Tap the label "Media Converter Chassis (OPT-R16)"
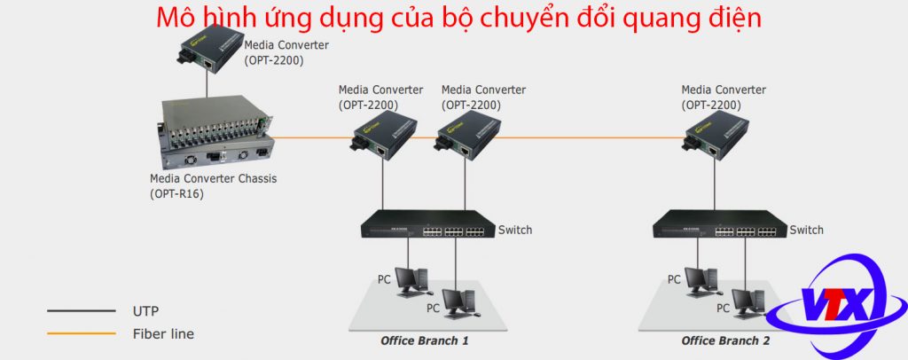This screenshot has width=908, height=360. point(213,186)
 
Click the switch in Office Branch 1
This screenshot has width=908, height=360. point(428,224)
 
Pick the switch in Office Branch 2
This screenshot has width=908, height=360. point(720,224)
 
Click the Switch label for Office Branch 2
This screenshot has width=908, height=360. point(806,230)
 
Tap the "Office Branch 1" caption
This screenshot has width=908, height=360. point(425,340)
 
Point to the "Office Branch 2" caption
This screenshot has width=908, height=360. point(725,340)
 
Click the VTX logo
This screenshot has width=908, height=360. point(836,301)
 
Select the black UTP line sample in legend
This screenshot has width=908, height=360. point(82,311)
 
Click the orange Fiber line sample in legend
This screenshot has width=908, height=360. point(82,333)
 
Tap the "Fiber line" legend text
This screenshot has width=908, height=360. point(163,334)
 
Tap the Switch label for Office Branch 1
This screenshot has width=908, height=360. point(515,230)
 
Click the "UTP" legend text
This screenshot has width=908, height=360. point(145,311)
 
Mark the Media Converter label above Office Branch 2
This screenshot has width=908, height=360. point(724,98)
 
